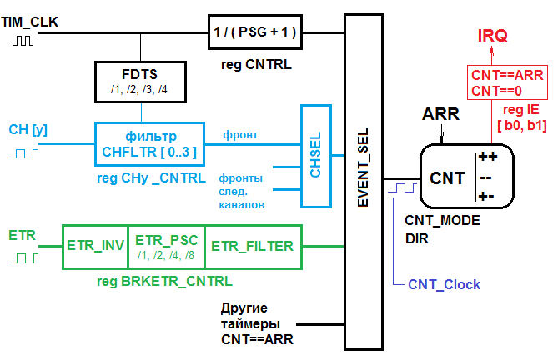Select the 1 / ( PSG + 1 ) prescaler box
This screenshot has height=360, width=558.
pos(254,34)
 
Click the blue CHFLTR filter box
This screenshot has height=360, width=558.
pos(150,142)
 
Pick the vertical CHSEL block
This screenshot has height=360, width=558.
pos(314,157)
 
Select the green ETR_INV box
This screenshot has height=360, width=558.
pos(95,246)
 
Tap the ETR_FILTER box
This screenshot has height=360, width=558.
pos(252,246)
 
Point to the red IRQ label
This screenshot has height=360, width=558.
pos(492,36)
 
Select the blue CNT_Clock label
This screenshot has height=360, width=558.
pos(444,285)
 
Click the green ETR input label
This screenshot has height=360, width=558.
pos(22,236)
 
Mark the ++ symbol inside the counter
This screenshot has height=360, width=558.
pos(488,157)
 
